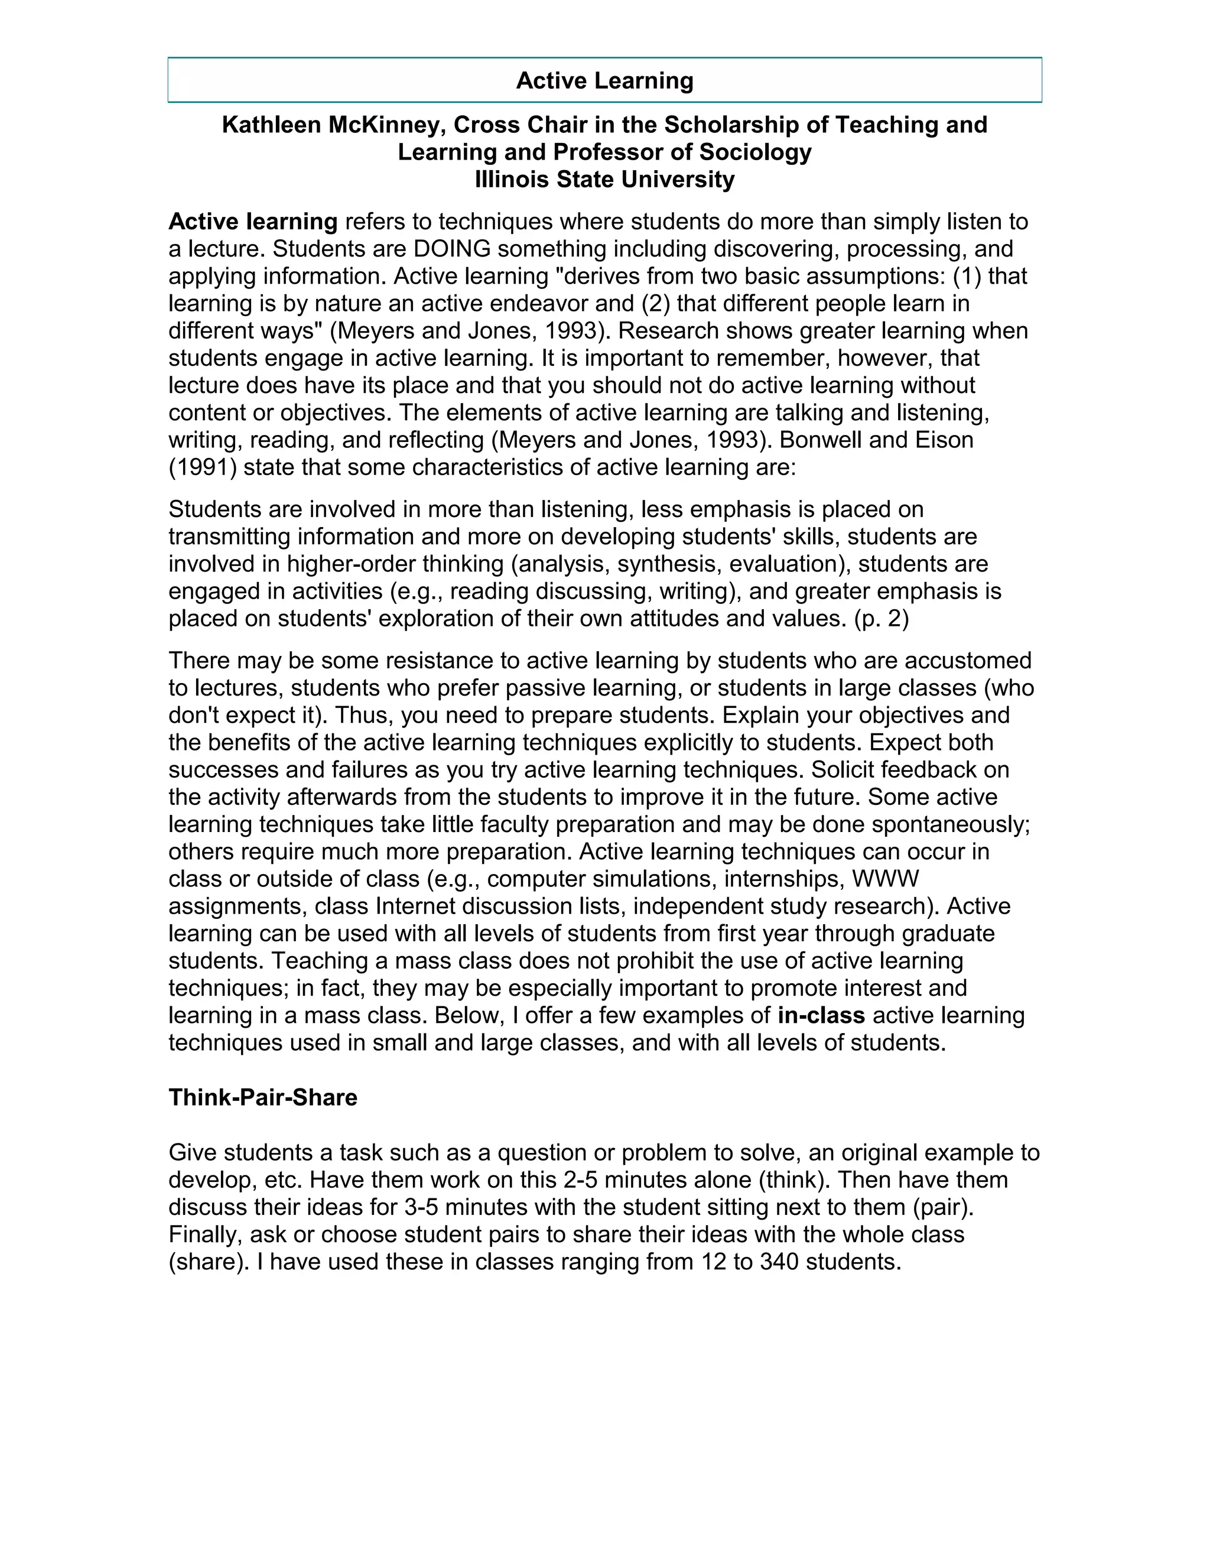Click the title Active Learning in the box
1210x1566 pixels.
point(604,80)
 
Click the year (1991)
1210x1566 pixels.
point(202,467)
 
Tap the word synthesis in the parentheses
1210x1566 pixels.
point(669,564)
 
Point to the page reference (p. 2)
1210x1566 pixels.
point(881,619)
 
